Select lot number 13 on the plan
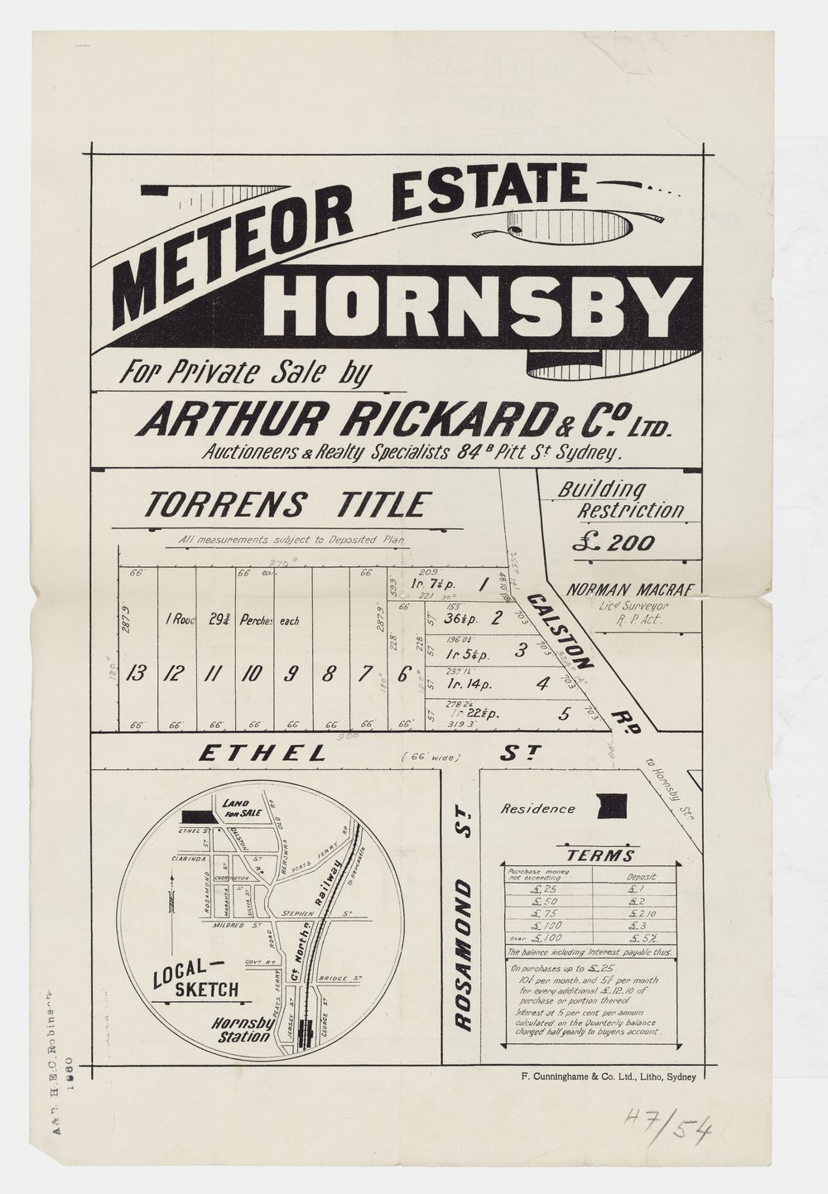point(137,673)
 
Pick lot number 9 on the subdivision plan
point(291,673)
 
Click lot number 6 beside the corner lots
point(403,673)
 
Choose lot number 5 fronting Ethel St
point(563,714)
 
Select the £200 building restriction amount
point(614,543)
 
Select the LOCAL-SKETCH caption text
point(196,979)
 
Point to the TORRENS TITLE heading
point(288,504)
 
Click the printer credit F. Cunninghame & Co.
point(604,1077)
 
